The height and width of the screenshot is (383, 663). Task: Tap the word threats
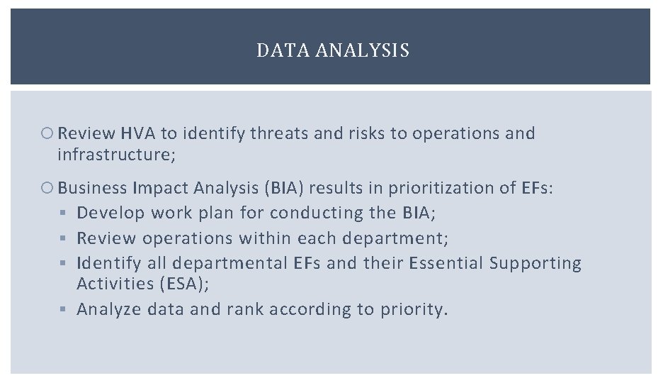(x=274, y=133)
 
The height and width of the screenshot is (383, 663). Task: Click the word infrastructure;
(x=116, y=154)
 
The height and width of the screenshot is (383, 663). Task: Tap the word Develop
(x=110, y=213)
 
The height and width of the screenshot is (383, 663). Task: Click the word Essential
(x=448, y=263)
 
